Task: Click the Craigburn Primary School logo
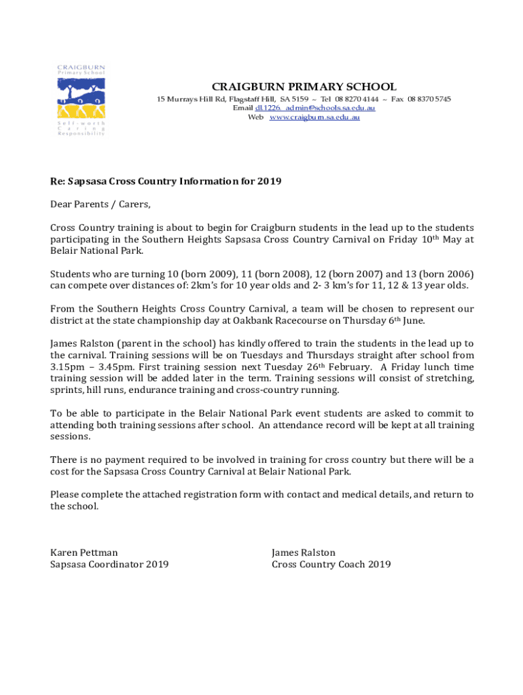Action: point(80,100)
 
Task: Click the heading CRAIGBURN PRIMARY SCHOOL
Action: point(304,87)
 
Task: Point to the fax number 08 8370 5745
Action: point(429,99)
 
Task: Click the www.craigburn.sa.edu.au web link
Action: point(314,117)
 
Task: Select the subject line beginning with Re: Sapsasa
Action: point(166,182)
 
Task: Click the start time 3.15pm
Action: point(65,367)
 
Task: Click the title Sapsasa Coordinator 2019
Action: point(109,565)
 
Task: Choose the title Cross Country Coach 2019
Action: point(331,565)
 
